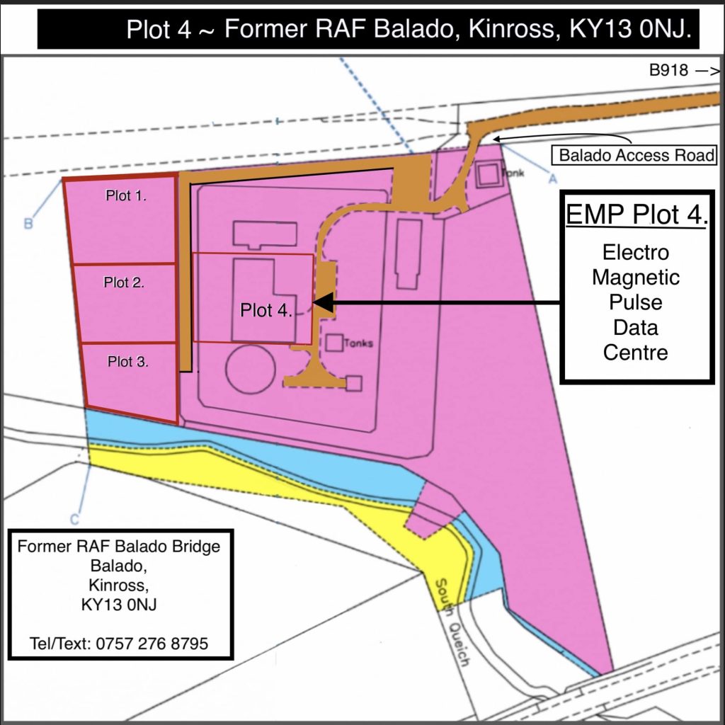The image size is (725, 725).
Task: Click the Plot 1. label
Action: [125, 196]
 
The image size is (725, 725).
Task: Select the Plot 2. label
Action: [124, 282]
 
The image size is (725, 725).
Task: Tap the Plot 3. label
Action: [127, 361]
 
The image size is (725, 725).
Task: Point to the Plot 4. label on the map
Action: [266, 309]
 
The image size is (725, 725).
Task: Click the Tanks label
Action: [359, 343]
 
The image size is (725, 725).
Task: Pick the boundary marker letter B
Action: [28, 224]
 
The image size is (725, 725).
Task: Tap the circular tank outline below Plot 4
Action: [253, 368]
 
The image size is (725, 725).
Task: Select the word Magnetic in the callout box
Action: [635, 278]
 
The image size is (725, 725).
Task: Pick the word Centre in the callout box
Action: [635, 352]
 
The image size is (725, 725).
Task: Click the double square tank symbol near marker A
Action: [487, 174]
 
